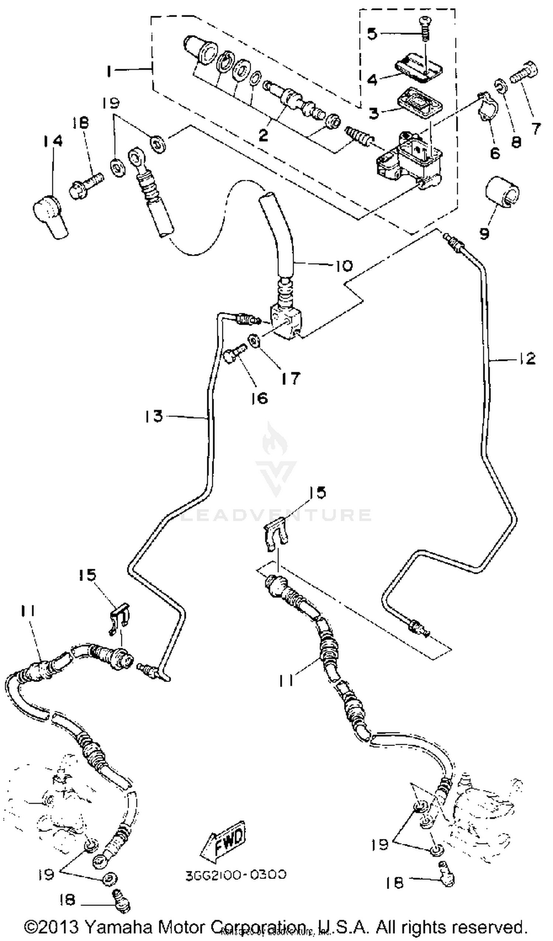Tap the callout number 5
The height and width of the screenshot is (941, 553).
(x=372, y=34)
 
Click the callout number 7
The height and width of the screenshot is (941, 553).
(x=536, y=129)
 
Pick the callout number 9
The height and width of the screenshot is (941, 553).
(x=484, y=233)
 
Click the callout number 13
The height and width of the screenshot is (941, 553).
(x=154, y=416)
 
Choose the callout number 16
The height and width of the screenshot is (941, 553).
(x=260, y=398)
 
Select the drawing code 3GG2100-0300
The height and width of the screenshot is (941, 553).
(x=236, y=875)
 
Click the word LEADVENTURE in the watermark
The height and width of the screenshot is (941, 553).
(x=276, y=515)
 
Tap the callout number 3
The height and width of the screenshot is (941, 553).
(x=374, y=112)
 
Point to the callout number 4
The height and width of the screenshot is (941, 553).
(x=372, y=80)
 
